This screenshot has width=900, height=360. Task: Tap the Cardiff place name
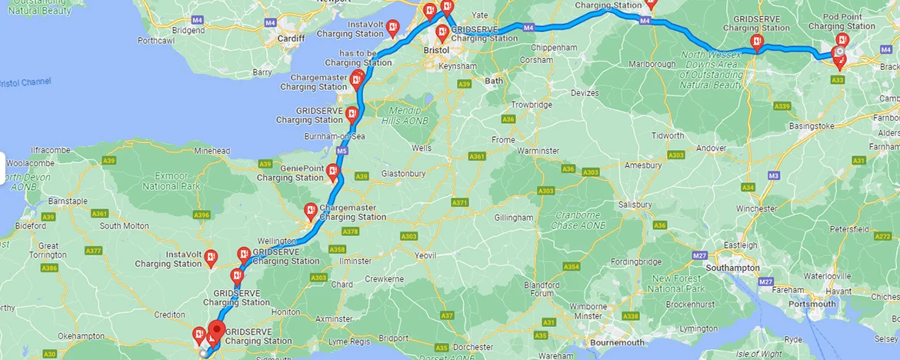click(x=291, y=38)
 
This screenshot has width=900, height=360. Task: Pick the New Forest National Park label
click(x=678, y=283)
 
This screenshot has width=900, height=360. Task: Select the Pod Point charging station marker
click(x=842, y=40)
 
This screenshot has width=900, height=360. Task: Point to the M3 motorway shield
click(x=774, y=175)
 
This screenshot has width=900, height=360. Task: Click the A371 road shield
click(x=460, y=202)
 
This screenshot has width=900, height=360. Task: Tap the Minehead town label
click(x=212, y=152)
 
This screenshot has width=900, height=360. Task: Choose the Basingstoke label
click(x=807, y=125)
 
